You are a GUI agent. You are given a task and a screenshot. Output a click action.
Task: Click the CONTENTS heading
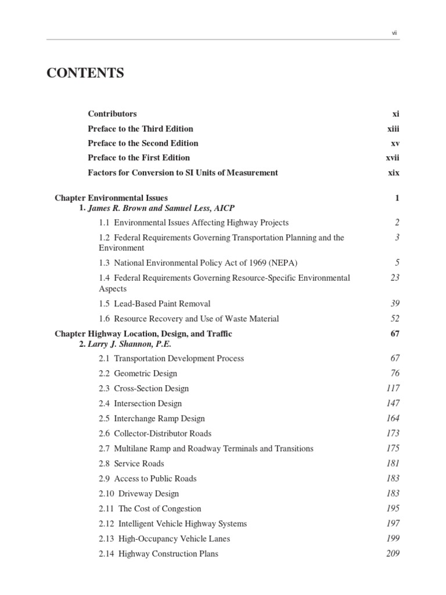click(85, 73)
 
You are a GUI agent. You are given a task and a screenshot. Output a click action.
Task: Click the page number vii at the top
click(395, 33)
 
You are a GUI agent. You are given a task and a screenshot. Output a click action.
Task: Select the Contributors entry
click(112, 114)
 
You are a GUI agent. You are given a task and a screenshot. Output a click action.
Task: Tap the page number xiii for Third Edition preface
click(393, 128)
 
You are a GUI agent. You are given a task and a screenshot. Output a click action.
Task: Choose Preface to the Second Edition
click(143, 143)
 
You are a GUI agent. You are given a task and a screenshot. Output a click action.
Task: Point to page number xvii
click(393, 157)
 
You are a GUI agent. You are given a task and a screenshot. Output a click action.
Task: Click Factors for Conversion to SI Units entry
click(183, 172)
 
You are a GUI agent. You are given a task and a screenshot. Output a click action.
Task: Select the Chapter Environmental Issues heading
click(111, 198)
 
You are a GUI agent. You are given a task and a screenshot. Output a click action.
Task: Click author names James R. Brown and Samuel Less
click(161, 207)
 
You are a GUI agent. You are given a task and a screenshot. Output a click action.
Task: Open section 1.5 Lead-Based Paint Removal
click(154, 303)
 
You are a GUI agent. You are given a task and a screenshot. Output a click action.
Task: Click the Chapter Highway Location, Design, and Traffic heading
click(143, 334)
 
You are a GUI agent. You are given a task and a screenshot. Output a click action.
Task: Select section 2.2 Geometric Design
click(138, 373)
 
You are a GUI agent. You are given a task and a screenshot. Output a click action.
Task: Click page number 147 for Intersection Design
click(393, 403)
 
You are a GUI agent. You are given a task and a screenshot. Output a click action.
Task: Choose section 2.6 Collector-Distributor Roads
click(155, 433)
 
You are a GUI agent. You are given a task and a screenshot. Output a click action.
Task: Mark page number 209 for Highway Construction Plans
click(393, 554)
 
